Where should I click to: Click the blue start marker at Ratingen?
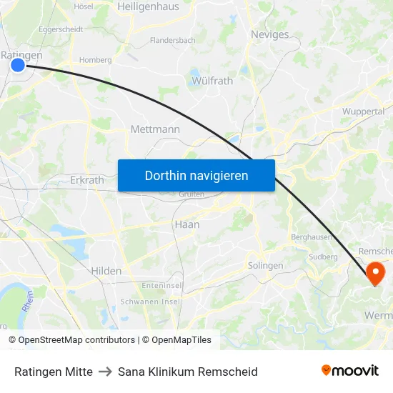(x=18, y=65)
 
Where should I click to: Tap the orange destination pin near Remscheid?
(x=374, y=273)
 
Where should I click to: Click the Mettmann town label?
(x=155, y=129)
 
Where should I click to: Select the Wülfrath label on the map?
(x=212, y=81)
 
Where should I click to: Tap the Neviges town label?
(x=270, y=34)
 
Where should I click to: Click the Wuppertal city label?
(x=363, y=111)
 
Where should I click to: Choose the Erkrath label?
(x=86, y=180)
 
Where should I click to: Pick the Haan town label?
(x=186, y=224)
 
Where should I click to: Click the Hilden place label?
(x=106, y=271)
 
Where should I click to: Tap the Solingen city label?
(x=265, y=266)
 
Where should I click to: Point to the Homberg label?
(x=95, y=60)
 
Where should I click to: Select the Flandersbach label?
(x=172, y=41)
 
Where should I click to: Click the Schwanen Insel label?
(x=150, y=302)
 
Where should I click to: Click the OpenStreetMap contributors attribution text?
(x=71, y=340)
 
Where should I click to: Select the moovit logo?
(x=349, y=370)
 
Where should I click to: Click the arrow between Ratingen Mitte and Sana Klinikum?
(x=105, y=372)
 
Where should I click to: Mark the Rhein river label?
(x=28, y=301)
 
